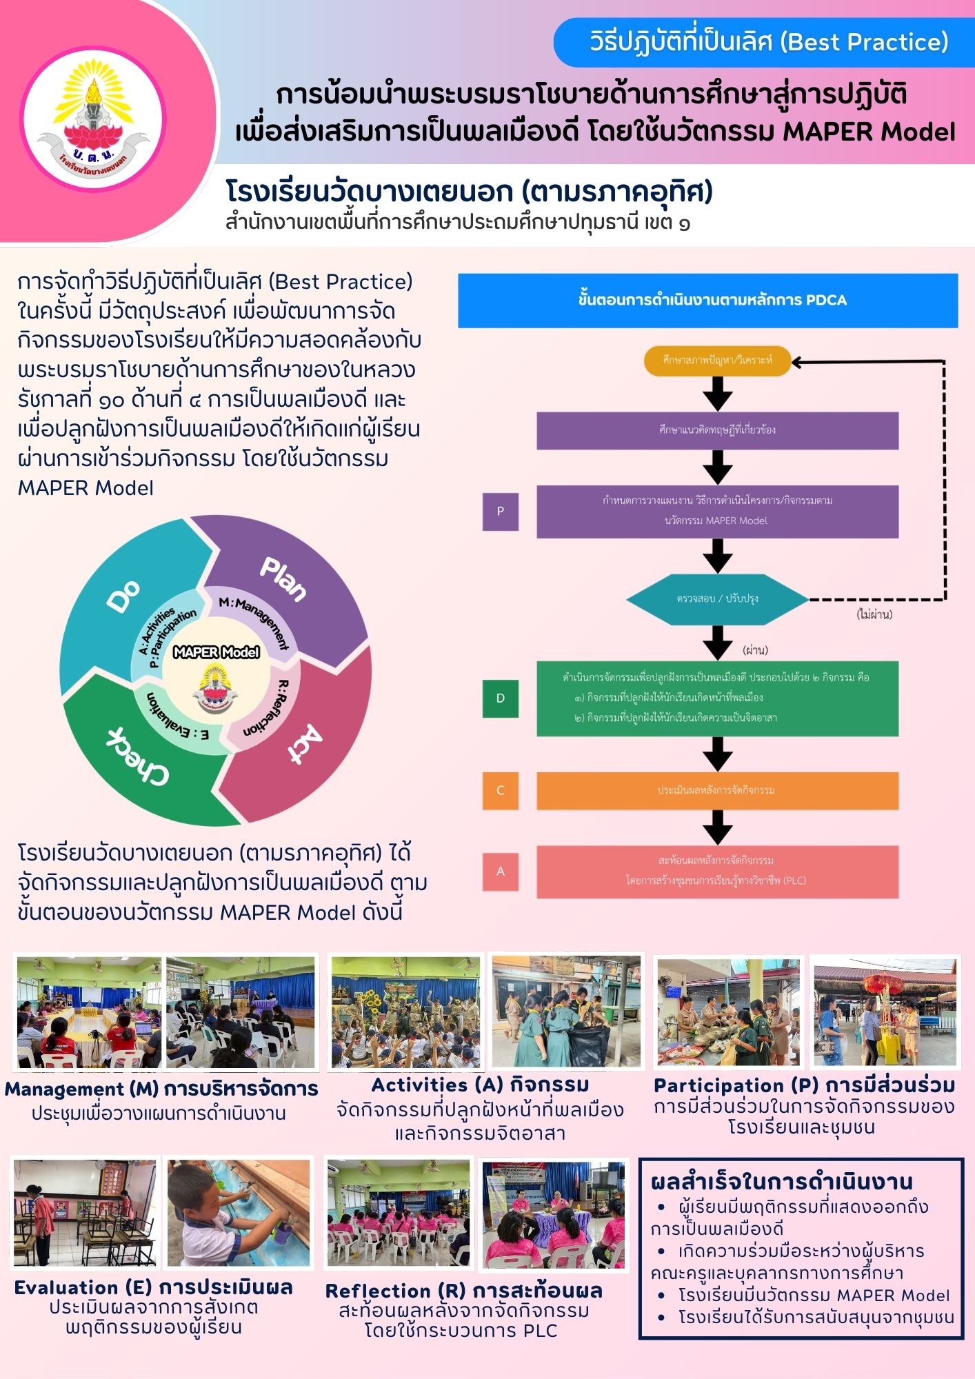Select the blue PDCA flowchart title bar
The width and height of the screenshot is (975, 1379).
coord(707,300)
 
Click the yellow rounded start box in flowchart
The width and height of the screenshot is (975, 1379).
coord(717,361)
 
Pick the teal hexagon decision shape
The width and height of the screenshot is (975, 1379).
coord(717,598)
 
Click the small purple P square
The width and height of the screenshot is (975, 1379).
coord(500,511)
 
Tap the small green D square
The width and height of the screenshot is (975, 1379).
coord(500,698)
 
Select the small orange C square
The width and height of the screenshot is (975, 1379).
coord(500,790)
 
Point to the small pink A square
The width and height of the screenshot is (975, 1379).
coord(500,872)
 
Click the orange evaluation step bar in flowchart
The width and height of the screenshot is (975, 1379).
coord(717,790)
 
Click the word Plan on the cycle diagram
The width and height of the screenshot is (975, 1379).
coord(283,578)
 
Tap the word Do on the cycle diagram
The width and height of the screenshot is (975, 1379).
coord(124,596)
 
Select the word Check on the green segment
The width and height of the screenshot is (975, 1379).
coord(138,757)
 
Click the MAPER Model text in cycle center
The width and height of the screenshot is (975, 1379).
coord(216,652)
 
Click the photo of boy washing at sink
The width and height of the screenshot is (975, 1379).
coord(239,1214)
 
